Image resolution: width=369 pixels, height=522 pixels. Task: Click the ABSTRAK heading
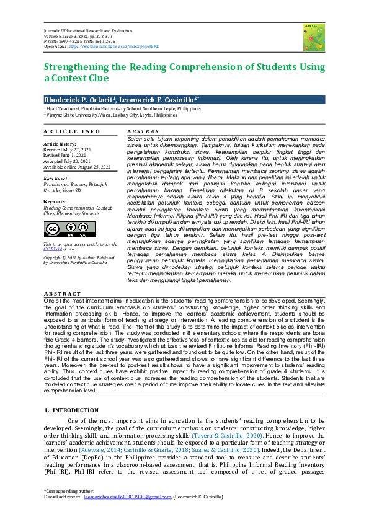point(143,131)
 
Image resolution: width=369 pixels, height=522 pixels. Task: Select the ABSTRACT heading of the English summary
point(63,294)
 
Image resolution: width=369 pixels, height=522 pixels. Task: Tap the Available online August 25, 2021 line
point(77,167)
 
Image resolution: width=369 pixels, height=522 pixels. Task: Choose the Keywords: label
point(56,201)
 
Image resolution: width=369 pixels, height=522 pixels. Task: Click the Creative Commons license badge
point(61,230)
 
